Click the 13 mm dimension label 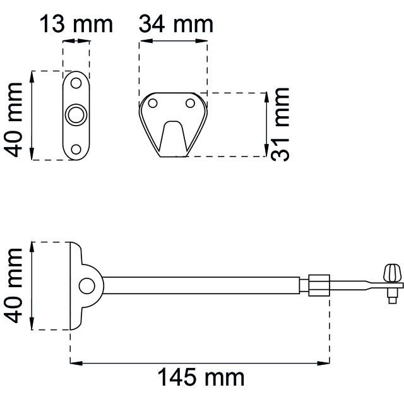pos(76,24)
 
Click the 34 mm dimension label pos(176,24)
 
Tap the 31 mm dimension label pos(280,125)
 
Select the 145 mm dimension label pos(201,377)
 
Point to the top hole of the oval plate pos(76,83)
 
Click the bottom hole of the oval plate pos(76,150)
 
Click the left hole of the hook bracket pos(153,104)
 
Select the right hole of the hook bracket pos(190,104)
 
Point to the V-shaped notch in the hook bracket pos(173,136)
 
